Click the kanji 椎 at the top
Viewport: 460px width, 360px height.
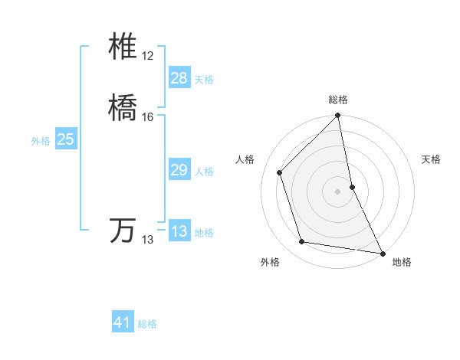point(123,47)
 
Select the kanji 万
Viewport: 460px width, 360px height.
point(123,231)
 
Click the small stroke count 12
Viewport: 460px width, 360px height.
point(147,57)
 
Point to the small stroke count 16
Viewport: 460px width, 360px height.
point(147,117)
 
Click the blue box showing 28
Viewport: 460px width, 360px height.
point(179,78)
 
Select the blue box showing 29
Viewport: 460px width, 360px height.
point(179,170)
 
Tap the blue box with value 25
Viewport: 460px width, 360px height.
point(66,139)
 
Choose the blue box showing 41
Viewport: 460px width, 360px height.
point(123,322)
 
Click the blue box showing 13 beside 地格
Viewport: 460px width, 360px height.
point(179,231)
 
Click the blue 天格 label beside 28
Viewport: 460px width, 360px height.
point(204,80)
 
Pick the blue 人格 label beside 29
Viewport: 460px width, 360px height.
point(204,172)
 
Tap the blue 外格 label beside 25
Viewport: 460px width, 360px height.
point(41,141)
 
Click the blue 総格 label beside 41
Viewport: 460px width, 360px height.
point(147,324)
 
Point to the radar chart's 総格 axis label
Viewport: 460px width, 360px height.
point(338,100)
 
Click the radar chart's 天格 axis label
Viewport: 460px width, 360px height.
point(432,159)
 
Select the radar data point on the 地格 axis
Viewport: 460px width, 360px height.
point(382,253)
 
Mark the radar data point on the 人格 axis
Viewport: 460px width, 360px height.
point(280,172)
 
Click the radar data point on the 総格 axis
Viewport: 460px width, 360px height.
point(338,116)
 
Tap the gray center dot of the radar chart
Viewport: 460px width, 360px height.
point(338,191)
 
